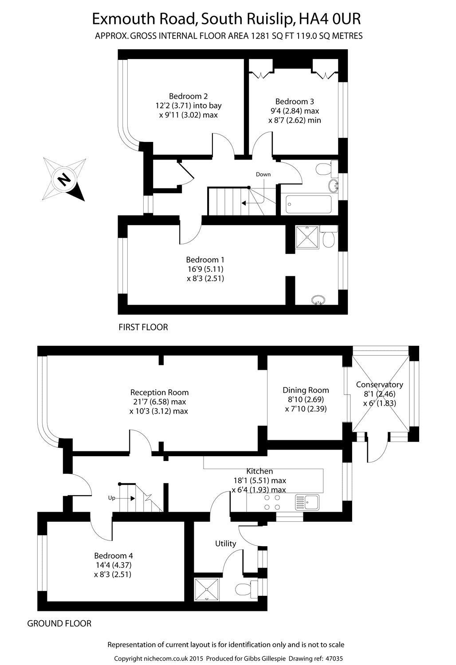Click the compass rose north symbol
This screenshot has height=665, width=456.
tap(65, 179)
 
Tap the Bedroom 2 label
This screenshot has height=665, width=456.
tap(188, 96)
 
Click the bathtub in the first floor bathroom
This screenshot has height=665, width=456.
tap(309, 204)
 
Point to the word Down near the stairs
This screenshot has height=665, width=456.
tap(263, 174)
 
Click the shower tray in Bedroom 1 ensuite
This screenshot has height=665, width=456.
tap(307, 237)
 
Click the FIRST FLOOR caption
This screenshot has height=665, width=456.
tap(143, 328)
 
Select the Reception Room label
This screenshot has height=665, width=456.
tap(159, 392)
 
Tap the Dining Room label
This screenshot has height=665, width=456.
tap(306, 390)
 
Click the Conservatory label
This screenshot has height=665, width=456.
tap(379, 385)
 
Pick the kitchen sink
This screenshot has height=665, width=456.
tap(307, 502)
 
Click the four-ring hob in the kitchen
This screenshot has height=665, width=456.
tap(272, 502)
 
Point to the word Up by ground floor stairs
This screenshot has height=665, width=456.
tap(112, 498)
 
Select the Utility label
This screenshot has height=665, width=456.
tap(225, 544)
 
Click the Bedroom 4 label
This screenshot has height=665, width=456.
tap(113, 555)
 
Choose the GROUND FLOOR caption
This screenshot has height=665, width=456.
tap(59, 624)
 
